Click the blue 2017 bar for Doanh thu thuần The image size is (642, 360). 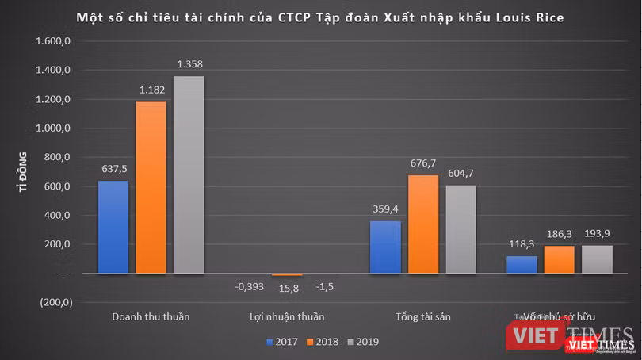[113, 227]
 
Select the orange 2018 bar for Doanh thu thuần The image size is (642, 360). [151, 187]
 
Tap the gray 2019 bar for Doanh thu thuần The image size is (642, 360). [189, 174]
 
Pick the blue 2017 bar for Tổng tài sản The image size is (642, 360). [384, 247]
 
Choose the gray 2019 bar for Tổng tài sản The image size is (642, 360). [460, 229]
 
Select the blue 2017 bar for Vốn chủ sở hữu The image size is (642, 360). [522, 264]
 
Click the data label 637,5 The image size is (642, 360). [113, 169]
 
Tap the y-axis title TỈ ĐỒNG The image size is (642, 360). [23, 172]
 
